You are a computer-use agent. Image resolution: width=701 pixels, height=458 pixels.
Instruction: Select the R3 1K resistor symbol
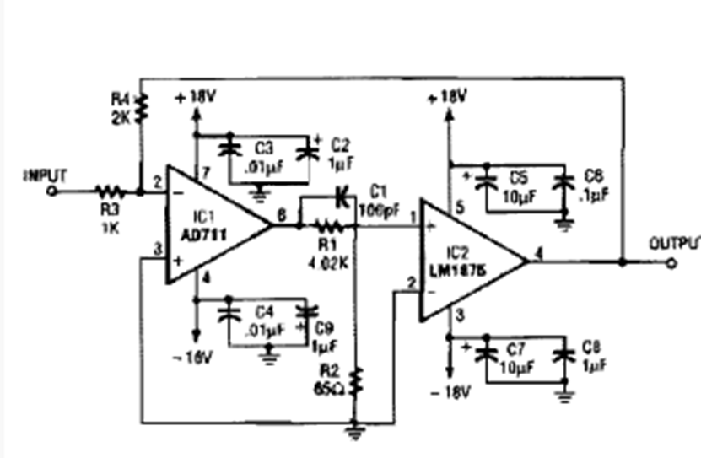109,191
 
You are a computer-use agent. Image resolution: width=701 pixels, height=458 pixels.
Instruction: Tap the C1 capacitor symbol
342,198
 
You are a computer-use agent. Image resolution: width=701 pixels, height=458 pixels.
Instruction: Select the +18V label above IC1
196,98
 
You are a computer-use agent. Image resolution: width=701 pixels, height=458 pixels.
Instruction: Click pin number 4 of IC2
537,251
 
